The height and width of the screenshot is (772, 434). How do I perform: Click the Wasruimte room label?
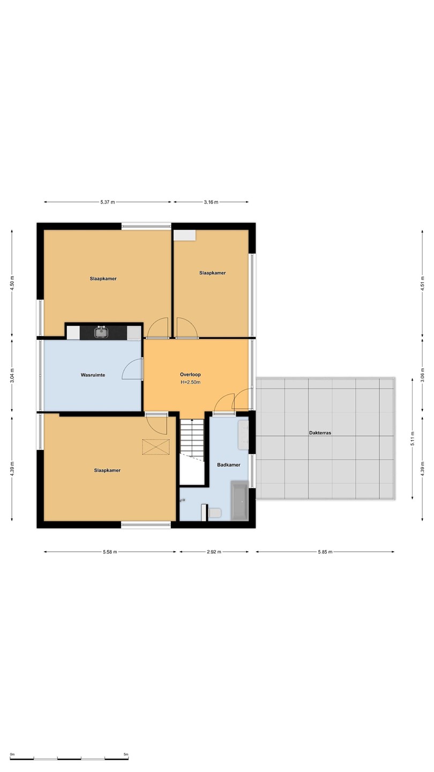[93, 375]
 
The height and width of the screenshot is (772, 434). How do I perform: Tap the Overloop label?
[190, 374]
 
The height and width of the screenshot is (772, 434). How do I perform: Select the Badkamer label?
[229, 465]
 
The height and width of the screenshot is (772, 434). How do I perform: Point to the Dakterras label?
[320, 433]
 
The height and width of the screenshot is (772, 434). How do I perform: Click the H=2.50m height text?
[191, 382]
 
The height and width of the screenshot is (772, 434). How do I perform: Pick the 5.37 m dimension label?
[108, 202]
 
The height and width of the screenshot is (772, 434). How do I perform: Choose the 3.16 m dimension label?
[211, 202]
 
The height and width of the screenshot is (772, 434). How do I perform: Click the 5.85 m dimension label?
[325, 552]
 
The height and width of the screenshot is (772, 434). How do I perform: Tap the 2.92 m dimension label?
[214, 552]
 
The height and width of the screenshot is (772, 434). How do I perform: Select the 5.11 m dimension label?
[412, 439]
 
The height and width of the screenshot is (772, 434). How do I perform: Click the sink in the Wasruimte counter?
[101, 332]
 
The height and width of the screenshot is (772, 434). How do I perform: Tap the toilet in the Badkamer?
[214, 513]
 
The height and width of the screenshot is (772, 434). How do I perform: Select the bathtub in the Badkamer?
[239, 500]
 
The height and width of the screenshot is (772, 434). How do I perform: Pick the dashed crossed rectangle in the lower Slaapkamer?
[156, 447]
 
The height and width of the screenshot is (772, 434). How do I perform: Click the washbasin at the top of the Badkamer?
[243, 435]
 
